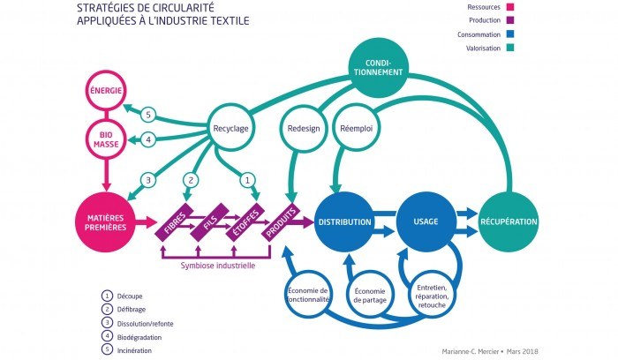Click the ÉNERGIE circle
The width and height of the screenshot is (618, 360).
[x=105, y=90]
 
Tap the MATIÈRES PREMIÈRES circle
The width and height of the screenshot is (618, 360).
[x=106, y=221]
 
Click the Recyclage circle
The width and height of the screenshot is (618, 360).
[x=229, y=128]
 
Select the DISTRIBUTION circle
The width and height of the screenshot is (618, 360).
[x=343, y=221]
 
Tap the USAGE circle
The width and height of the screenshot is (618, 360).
[x=425, y=221]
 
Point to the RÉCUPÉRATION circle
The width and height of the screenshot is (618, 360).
[x=509, y=221]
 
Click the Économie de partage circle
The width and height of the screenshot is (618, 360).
[x=373, y=295]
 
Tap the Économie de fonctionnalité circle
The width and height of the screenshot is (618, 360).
[x=309, y=295]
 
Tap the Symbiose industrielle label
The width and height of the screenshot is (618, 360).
[x=218, y=264]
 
